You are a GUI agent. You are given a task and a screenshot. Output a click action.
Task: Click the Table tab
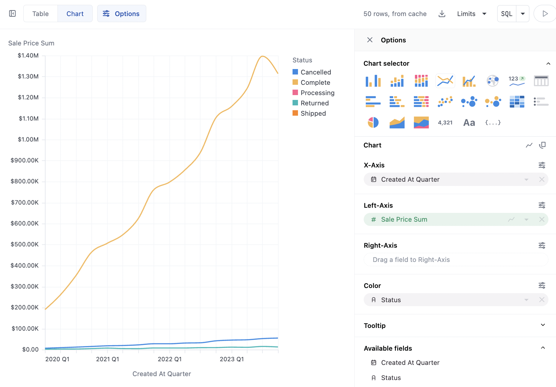[x=40, y=14]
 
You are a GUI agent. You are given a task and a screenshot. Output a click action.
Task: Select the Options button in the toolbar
[x=121, y=14]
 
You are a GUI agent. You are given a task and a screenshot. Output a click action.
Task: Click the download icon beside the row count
[x=442, y=14]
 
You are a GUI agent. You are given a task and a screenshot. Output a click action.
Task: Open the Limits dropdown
[x=472, y=14]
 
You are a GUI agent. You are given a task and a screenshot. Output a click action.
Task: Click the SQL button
[x=507, y=14]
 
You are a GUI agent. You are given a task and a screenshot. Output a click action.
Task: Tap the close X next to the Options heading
[x=370, y=40]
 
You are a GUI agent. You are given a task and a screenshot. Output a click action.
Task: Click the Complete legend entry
[x=315, y=82]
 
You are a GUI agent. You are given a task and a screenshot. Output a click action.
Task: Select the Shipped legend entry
[x=313, y=113]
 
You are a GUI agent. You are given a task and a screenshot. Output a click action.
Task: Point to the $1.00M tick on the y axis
[x=28, y=139]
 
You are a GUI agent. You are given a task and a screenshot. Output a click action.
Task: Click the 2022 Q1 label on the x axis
[x=170, y=359]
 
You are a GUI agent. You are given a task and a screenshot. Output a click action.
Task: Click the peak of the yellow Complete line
[x=262, y=56]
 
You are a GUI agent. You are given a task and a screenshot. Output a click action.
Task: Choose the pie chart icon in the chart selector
[x=373, y=122]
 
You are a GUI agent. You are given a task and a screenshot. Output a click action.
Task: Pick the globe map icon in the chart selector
[x=493, y=81]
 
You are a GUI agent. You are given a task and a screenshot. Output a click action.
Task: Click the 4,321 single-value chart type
[x=445, y=122]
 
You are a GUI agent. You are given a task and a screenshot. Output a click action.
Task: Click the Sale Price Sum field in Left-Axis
[x=404, y=219]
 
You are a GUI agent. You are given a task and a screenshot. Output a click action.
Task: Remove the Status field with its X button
[x=542, y=300]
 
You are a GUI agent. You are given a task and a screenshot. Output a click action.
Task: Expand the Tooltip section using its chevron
[x=543, y=325]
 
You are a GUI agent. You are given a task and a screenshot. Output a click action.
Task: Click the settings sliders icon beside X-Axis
[x=542, y=165]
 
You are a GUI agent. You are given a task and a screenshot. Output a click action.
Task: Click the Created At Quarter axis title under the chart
[x=162, y=374]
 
